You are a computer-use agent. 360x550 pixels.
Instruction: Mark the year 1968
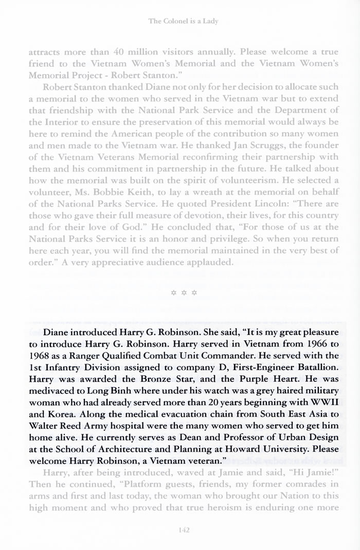(54, 355)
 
